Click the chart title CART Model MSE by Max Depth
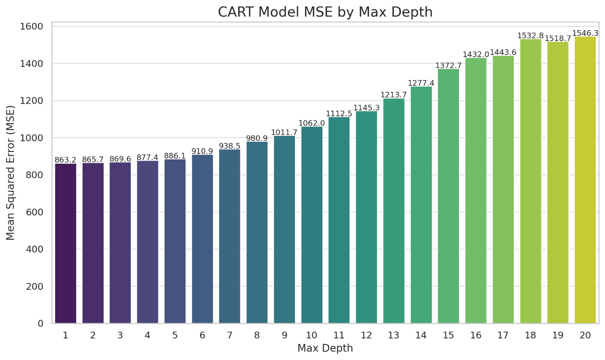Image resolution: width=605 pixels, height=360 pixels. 325,12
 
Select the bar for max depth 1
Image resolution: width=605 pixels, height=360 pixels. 66,243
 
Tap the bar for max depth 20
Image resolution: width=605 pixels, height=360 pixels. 585,180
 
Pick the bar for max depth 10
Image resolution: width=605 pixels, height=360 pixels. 312,225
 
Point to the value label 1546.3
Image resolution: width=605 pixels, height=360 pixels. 585,33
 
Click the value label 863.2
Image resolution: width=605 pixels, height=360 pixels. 66,160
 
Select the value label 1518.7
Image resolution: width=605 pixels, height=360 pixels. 558,38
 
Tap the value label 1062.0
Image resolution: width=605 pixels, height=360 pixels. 312,123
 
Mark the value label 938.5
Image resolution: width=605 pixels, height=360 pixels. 229,146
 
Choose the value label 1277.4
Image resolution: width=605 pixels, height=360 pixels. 421,83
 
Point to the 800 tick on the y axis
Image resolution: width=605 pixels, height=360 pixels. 34,175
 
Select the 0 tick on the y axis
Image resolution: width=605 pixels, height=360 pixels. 41,324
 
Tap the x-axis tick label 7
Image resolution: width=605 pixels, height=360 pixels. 229,335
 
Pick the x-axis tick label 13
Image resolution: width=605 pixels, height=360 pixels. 393,335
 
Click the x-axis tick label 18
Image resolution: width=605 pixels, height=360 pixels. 530,335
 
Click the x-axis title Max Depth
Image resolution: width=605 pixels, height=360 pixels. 325,348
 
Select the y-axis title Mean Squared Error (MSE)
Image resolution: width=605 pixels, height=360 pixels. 11,173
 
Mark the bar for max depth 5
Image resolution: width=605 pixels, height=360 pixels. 175,241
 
